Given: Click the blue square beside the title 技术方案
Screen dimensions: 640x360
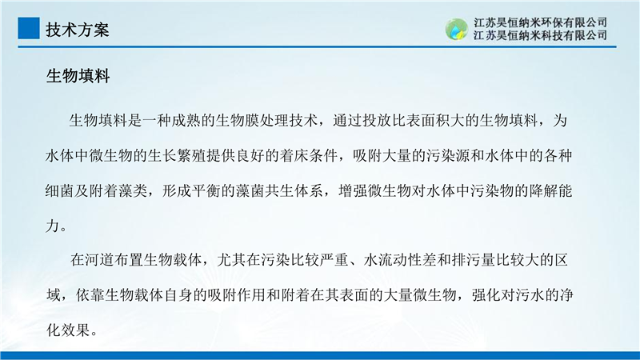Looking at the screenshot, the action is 29,28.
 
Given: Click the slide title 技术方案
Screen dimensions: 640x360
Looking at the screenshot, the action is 77,30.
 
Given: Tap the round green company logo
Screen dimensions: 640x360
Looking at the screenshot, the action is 456,29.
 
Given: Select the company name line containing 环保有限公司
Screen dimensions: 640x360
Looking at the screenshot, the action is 540,22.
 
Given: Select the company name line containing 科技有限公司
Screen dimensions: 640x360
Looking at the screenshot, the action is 540,35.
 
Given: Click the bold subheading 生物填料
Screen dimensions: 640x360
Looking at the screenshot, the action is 78,76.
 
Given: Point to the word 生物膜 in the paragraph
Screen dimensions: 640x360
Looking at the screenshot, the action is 238,121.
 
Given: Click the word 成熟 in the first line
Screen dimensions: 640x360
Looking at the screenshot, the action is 186,121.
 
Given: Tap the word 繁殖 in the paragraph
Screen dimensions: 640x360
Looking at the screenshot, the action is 192,155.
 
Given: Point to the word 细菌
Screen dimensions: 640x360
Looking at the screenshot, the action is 60,190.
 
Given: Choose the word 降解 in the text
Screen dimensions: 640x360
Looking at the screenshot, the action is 544,190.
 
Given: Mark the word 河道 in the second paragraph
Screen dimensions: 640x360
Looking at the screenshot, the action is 99,259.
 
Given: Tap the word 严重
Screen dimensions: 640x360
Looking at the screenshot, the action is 334,259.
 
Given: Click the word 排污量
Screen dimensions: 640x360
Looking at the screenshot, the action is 474,259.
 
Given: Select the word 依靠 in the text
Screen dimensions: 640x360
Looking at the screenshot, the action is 90,294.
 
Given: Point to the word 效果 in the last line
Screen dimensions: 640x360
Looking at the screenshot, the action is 74,330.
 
